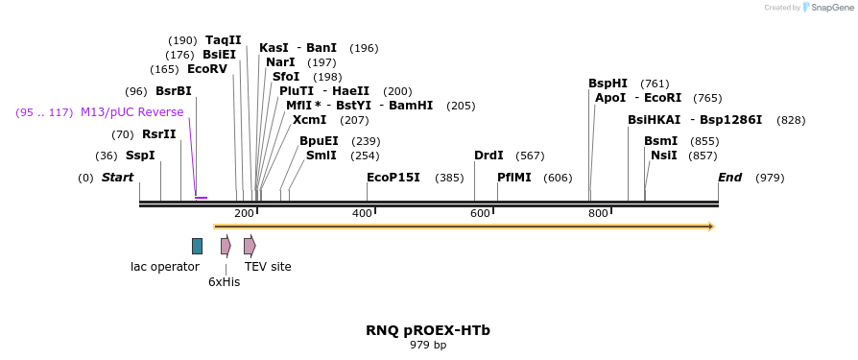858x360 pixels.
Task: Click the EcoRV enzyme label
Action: click(x=207, y=69)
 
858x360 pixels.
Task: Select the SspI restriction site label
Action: click(x=141, y=156)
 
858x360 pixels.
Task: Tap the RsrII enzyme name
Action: click(x=159, y=134)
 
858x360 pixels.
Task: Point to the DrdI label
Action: click(x=489, y=156)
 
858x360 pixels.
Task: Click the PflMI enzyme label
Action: click(x=513, y=178)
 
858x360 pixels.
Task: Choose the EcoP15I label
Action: click(x=393, y=178)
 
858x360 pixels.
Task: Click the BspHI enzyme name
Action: click(x=608, y=84)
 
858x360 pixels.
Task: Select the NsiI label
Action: click(x=664, y=156)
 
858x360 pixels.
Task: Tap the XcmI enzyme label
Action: click(x=310, y=120)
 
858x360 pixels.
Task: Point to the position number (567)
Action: click(x=530, y=156)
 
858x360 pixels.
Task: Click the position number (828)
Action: click(x=791, y=120)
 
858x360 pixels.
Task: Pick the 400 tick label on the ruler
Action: click(x=363, y=213)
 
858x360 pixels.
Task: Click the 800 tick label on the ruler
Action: click(x=599, y=213)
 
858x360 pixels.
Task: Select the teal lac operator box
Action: click(x=197, y=246)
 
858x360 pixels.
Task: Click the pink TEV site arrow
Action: click(x=250, y=246)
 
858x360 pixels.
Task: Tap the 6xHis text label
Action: click(x=225, y=282)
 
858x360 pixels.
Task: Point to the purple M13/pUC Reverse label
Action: click(x=131, y=112)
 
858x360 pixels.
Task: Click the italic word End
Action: click(x=730, y=178)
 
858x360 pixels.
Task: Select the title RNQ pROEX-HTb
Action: click(x=428, y=330)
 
